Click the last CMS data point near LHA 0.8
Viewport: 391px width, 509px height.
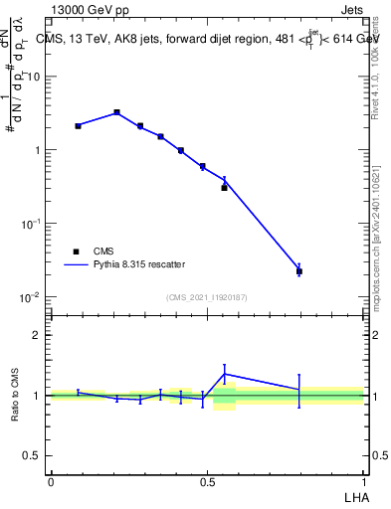pos(299,270)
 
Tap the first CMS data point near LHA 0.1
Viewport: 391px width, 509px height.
pos(78,126)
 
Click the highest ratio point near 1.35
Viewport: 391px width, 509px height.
pos(225,374)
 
